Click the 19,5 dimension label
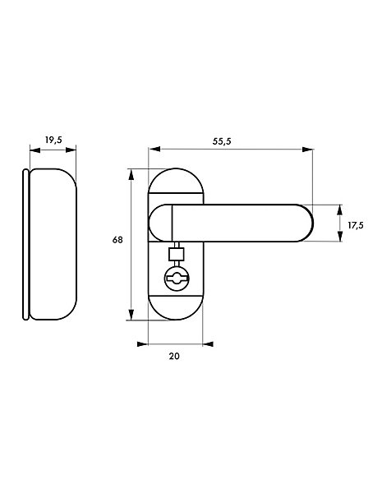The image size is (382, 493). [x=53, y=140]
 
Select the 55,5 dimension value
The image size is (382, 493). [x=222, y=141]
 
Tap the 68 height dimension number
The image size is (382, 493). [x=117, y=240]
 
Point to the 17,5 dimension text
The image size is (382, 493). [x=356, y=225]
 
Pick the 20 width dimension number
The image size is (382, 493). [x=174, y=356]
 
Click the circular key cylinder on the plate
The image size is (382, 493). [x=177, y=278]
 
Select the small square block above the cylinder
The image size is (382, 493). [x=176, y=254]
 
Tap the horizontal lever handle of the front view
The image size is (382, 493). [x=231, y=223]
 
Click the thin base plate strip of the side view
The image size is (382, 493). [x=25, y=244]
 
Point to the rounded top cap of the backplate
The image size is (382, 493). [x=176, y=181]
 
